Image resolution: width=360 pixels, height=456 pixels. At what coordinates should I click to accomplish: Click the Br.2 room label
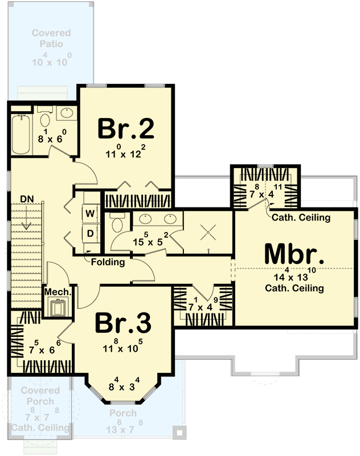[126, 129]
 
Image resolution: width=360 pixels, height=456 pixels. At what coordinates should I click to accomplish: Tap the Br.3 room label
[123, 324]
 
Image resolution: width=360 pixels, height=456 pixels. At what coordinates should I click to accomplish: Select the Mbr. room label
[294, 254]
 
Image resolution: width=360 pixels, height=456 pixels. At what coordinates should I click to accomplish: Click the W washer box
[90, 214]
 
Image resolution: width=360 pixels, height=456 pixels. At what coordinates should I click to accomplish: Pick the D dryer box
[90, 233]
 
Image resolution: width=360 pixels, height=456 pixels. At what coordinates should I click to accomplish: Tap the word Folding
[108, 262]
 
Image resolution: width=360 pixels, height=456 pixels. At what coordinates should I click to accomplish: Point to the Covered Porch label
[40, 396]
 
